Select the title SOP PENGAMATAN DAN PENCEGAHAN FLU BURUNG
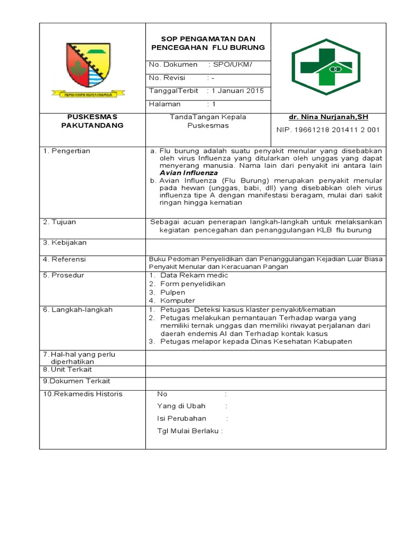208,43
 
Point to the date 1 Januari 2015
237,91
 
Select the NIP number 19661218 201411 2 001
328,130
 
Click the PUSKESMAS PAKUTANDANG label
92,121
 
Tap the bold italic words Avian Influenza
188,173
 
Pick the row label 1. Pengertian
67,151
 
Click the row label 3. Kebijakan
65,242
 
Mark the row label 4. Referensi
64,259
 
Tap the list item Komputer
178,301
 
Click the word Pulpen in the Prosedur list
173,292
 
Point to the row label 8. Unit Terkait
67,369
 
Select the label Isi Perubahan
181,418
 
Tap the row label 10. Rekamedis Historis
82,394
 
